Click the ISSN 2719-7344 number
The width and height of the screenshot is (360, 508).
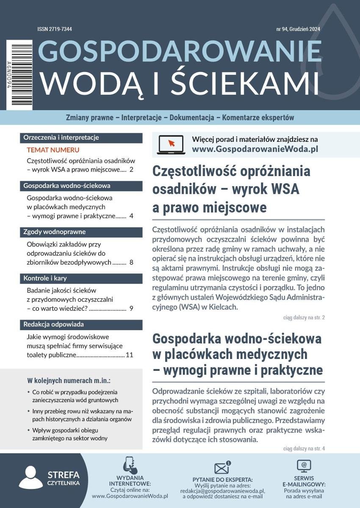coord(54,29)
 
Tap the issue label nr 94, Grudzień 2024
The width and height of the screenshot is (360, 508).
coord(297,29)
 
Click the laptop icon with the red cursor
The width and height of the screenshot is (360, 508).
coord(170,144)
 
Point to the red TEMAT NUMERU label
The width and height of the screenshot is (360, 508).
coord(53,150)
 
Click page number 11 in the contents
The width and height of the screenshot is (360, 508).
coord(129,355)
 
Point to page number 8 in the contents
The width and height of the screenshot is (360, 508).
coord(131,262)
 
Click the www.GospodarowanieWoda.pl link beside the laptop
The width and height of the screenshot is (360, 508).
coord(255,149)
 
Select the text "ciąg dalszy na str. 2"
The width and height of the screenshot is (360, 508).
coord(304,317)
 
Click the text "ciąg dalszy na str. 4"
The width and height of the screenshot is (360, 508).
coord(304,448)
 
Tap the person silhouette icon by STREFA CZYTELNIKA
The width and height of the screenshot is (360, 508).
coord(30,478)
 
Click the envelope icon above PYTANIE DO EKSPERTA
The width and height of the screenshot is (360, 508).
coord(222,468)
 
